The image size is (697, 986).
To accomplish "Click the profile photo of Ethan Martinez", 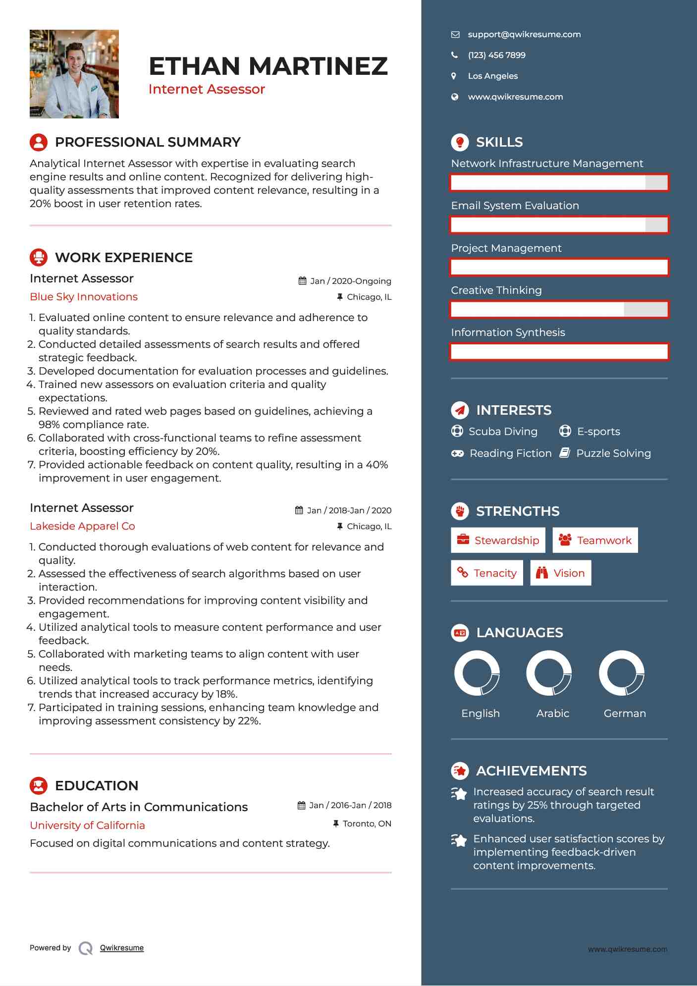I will (74, 74).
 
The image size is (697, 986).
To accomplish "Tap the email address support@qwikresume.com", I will (524, 34).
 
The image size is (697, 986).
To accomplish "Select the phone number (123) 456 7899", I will (496, 55).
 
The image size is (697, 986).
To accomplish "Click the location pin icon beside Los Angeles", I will (454, 76).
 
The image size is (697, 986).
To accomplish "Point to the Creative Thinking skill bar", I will (559, 310).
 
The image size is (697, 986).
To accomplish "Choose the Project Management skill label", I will (506, 248).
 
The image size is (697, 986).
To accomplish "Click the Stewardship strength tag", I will (498, 540).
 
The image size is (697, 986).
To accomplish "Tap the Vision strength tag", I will (560, 573).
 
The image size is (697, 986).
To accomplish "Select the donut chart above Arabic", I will (548, 673).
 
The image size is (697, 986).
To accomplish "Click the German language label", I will (624, 713).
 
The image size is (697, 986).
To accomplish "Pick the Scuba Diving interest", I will (502, 432).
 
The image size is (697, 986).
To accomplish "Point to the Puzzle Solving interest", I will (613, 453).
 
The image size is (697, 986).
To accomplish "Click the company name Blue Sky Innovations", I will (84, 297).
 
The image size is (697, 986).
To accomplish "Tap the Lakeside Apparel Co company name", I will (82, 526).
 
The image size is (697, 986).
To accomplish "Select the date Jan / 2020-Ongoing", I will (350, 281).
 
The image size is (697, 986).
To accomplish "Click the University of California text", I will (87, 825).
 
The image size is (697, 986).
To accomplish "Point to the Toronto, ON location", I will (367, 823).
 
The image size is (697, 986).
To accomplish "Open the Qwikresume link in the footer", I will (121, 948).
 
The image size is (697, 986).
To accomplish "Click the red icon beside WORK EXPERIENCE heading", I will (39, 257).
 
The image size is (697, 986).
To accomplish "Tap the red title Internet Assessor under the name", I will (207, 89).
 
